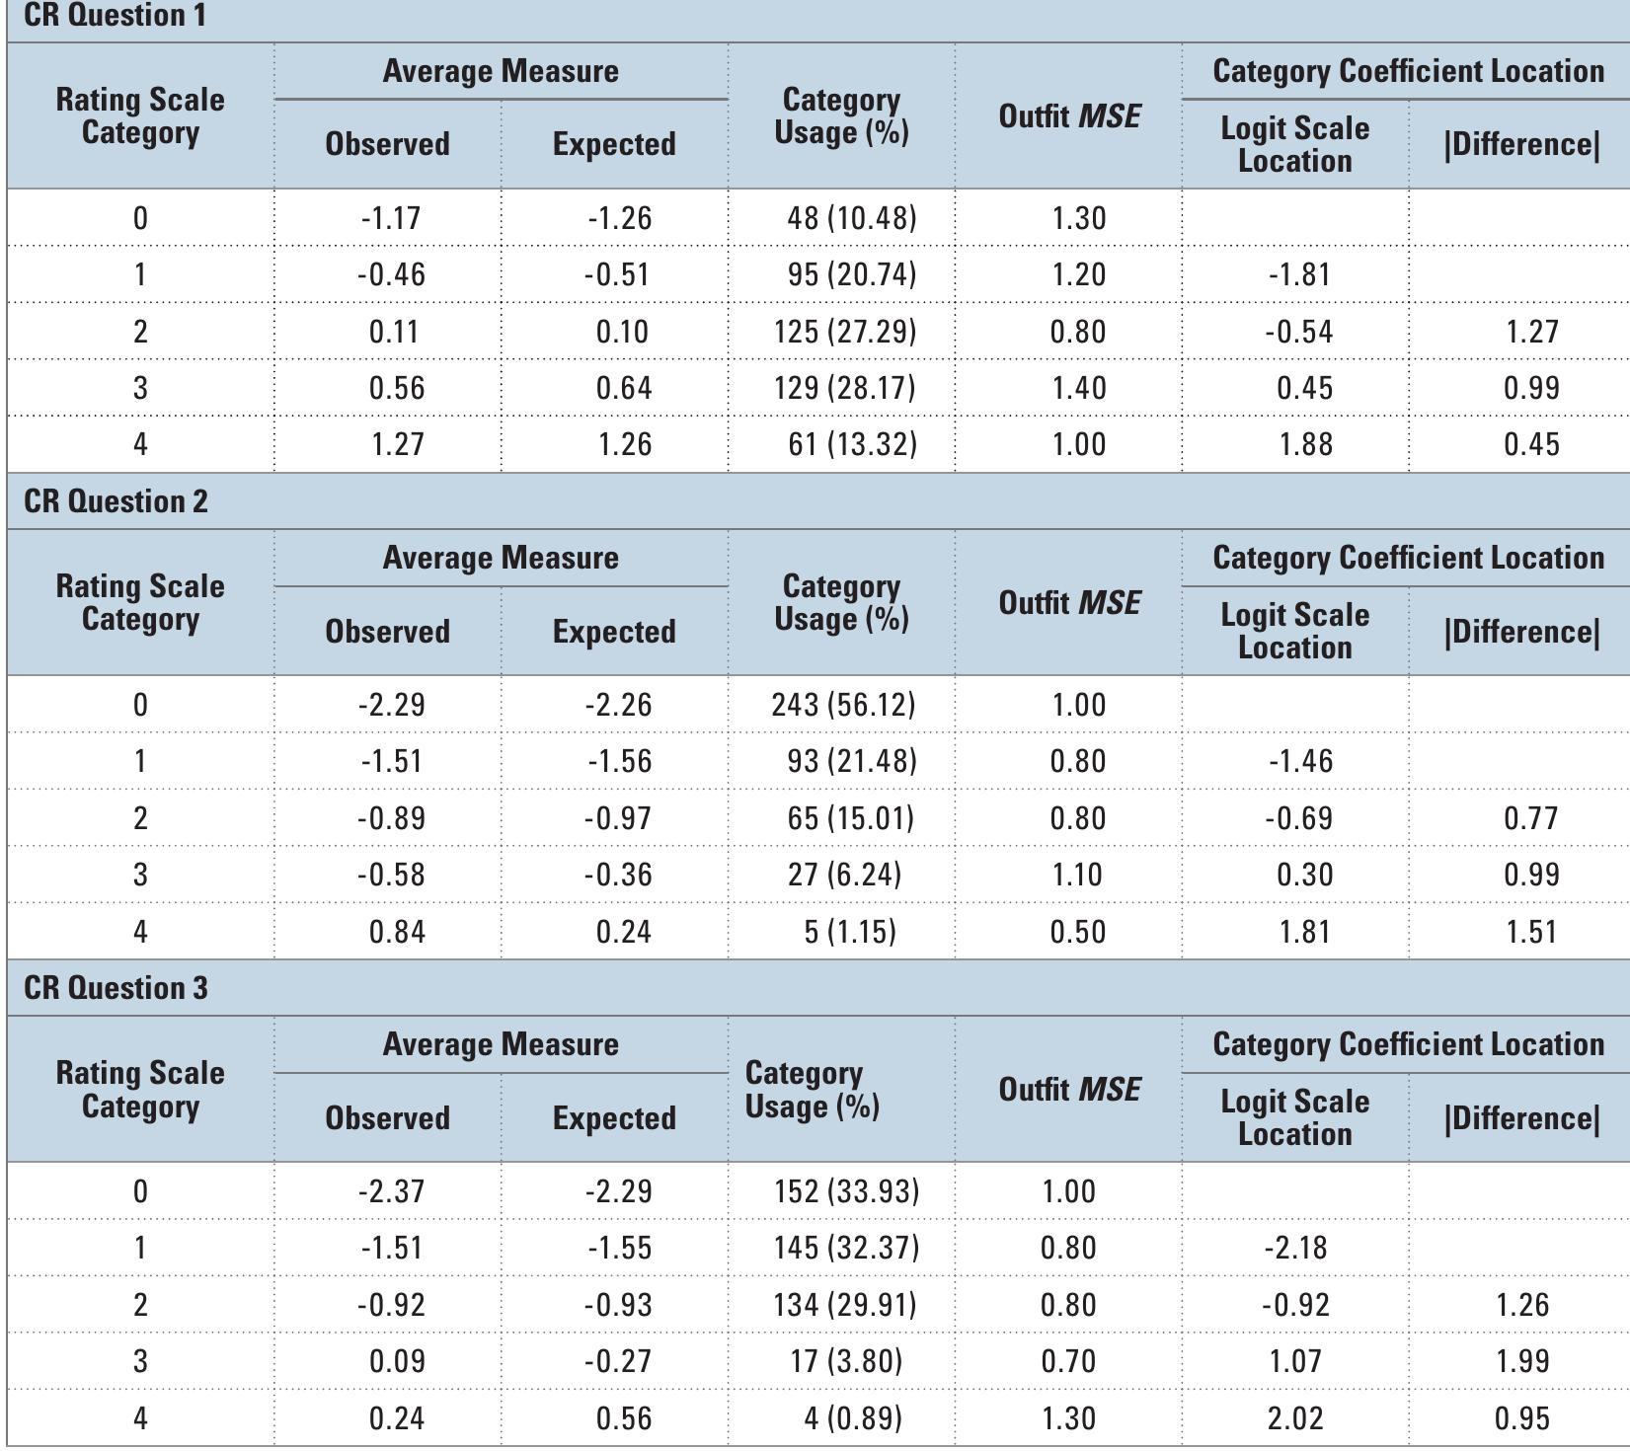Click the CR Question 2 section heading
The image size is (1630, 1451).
[x=116, y=501]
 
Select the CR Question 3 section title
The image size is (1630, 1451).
[x=116, y=988]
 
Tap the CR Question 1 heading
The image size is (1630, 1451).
[x=115, y=16]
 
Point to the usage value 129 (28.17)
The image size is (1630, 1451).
[x=844, y=388]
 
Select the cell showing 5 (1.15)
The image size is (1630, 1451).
[x=849, y=932]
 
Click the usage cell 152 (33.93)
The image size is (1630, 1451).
[x=846, y=1191]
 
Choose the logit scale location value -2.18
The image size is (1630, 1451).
[x=1295, y=1248]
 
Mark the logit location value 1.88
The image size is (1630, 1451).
[x=1304, y=444]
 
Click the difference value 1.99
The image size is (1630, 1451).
[x=1521, y=1361]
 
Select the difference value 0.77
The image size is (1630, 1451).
[x=1530, y=818]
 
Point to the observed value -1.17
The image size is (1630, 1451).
[x=391, y=218]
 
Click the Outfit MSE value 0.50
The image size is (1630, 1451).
[x=1077, y=932]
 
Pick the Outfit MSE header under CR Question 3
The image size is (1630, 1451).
[x=1069, y=1090]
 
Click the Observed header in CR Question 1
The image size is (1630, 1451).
[x=387, y=144]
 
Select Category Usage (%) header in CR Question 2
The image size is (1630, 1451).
[x=841, y=602]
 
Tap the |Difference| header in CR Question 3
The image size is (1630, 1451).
[x=1521, y=1118]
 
